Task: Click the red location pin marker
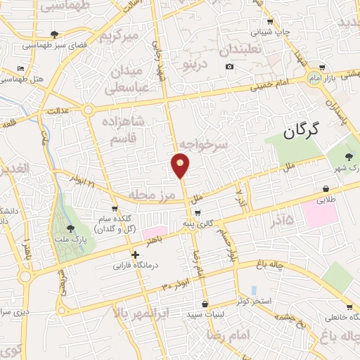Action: [x=181, y=167]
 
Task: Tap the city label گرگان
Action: [x=303, y=129]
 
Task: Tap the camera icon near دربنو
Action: [x=230, y=67]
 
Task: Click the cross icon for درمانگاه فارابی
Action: [x=135, y=254]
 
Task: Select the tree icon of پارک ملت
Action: [x=70, y=228]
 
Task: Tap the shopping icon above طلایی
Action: [x=326, y=188]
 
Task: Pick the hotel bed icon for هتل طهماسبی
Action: [x=20, y=68]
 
